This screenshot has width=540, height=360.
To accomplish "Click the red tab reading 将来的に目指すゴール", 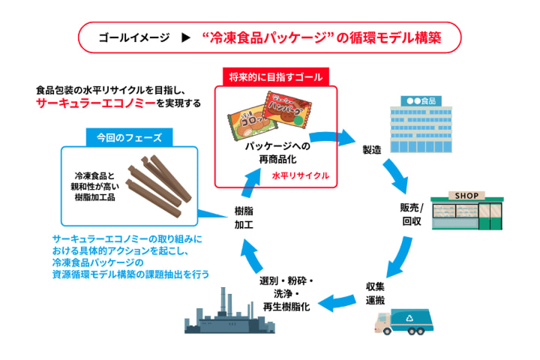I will coord(276,77).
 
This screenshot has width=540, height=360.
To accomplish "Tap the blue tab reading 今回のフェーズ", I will coord(129,138).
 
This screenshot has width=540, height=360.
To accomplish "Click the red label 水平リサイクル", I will coord(301,175).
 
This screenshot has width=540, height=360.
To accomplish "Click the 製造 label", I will coord(371,150).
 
